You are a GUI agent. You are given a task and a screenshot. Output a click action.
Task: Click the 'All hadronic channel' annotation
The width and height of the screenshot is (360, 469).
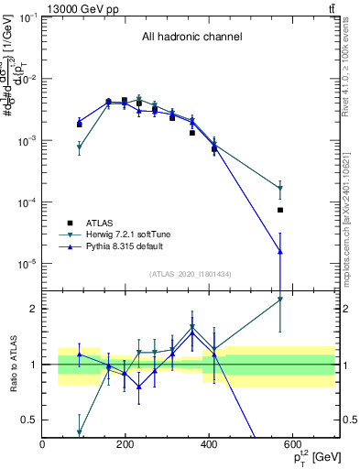click(x=191, y=38)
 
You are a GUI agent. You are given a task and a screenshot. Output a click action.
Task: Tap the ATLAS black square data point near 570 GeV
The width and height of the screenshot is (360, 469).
click(x=280, y=210)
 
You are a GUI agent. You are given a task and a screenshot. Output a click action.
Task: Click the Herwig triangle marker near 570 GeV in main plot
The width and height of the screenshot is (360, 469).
click(x=280, y=189)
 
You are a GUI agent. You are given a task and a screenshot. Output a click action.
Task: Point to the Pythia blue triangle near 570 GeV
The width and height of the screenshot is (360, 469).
click(x=280, y=251)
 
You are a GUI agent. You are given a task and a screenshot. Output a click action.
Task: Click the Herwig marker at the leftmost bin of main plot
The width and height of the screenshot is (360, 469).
click(x=80, y=147)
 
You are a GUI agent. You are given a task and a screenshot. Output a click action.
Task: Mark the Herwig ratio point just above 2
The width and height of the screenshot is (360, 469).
click(x=280, y=299)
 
